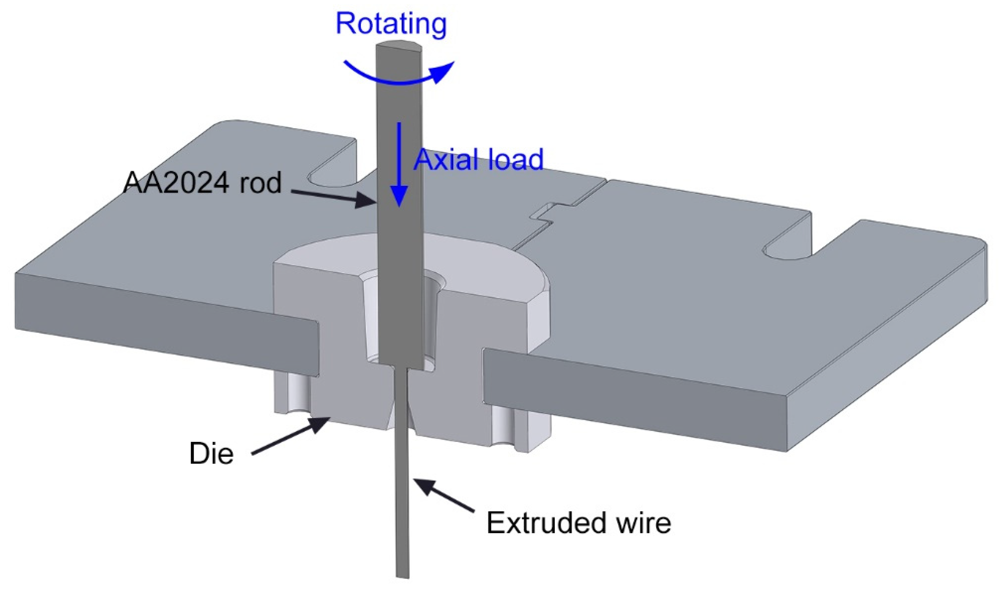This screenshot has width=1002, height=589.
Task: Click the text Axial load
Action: click(x=478, y=160)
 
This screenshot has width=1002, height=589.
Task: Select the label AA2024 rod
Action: click(x=202, y=183)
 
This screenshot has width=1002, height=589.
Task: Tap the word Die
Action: click(x=211, y=453)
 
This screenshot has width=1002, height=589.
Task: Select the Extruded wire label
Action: click(x=579, y=523)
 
